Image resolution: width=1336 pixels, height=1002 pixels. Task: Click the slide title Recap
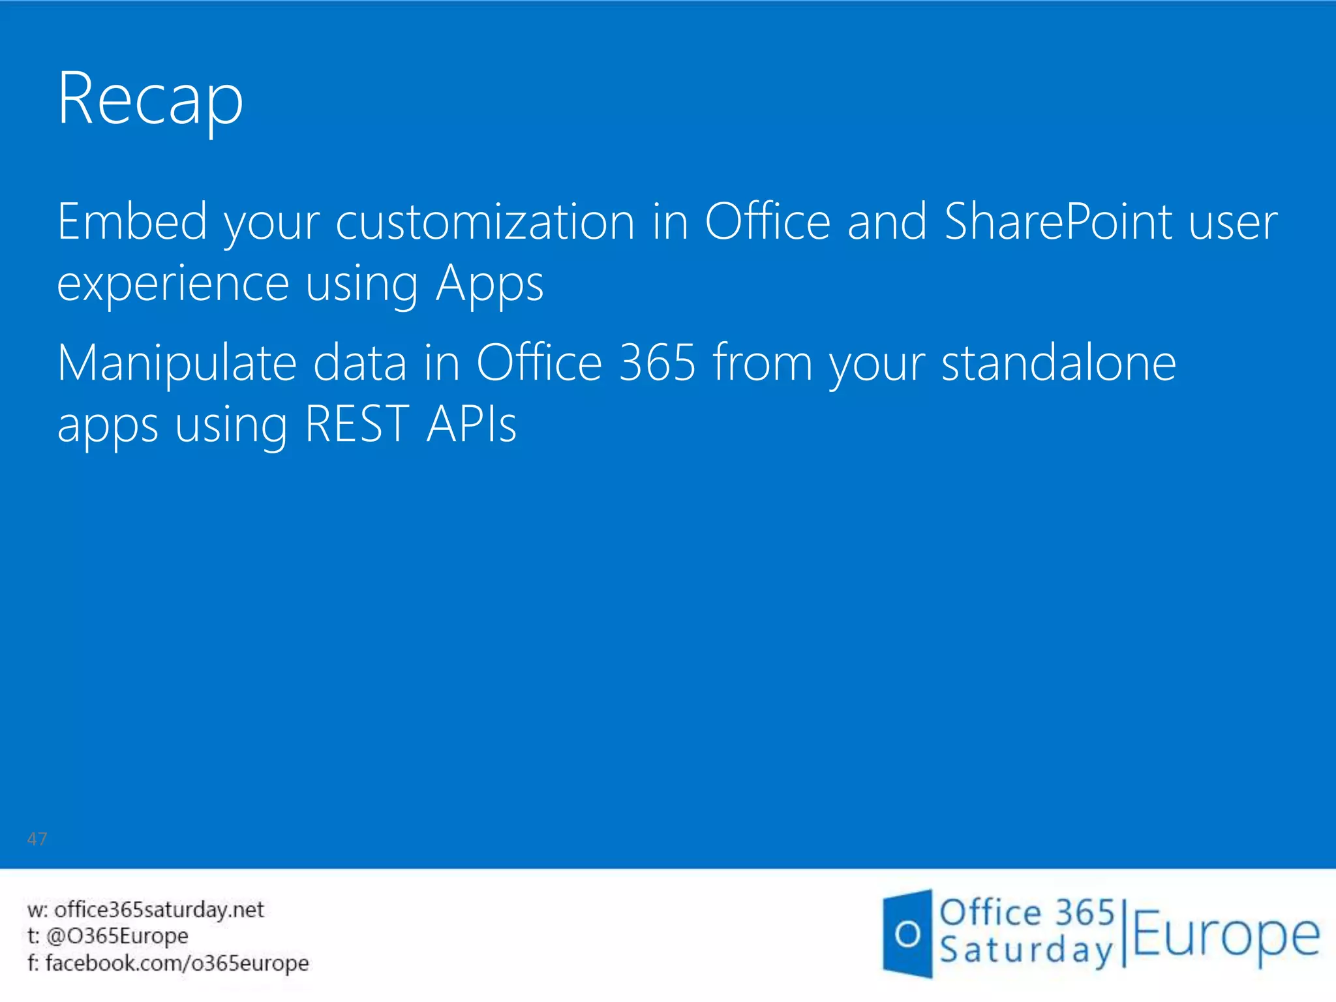(150, 99)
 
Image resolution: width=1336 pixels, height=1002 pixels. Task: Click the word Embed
(132, 222)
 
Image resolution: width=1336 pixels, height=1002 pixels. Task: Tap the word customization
(485, 222)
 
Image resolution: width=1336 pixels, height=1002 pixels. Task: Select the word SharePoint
(1057, 222)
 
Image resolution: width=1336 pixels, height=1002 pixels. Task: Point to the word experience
(173, 284)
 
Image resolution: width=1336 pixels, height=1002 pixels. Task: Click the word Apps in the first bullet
(489, 284)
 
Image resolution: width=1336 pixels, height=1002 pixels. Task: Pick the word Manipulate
(177, 363)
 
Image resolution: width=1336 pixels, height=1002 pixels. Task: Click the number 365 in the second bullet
(658, 363)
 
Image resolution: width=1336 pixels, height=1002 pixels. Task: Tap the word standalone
(1059, 363)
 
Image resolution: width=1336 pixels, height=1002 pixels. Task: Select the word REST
(357, 425)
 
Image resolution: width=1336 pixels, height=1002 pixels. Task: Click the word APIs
(472, 425)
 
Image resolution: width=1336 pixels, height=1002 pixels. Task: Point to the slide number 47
(37, 839)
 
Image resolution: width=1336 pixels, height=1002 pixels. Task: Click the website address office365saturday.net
(159, 909)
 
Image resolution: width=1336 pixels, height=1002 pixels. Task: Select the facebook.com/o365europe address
(177, 963)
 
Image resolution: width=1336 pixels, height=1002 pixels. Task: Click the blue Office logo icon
(907, 934)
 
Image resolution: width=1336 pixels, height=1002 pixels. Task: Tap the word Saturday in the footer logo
(1026, 950)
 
